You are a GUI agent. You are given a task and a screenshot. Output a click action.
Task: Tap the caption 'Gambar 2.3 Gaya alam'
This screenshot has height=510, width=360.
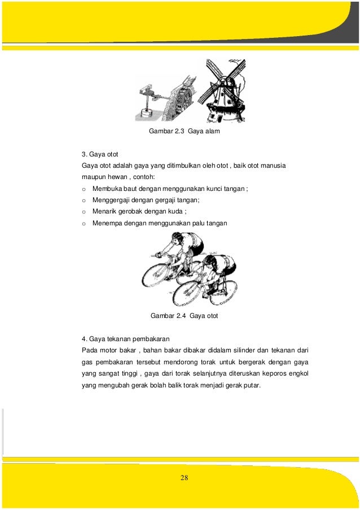183,132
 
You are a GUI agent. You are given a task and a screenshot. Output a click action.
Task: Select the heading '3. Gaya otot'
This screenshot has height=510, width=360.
100,154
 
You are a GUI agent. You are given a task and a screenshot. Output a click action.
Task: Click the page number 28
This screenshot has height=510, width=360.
184,478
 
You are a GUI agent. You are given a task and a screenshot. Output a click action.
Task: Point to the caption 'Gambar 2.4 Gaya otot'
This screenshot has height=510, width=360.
184,316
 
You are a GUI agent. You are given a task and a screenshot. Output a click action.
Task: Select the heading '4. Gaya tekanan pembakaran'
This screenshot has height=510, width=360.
125,339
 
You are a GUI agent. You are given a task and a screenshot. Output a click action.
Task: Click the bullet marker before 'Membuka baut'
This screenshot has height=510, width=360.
84,189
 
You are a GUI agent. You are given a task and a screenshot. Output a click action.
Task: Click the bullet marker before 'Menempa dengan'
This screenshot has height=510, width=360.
84,223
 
